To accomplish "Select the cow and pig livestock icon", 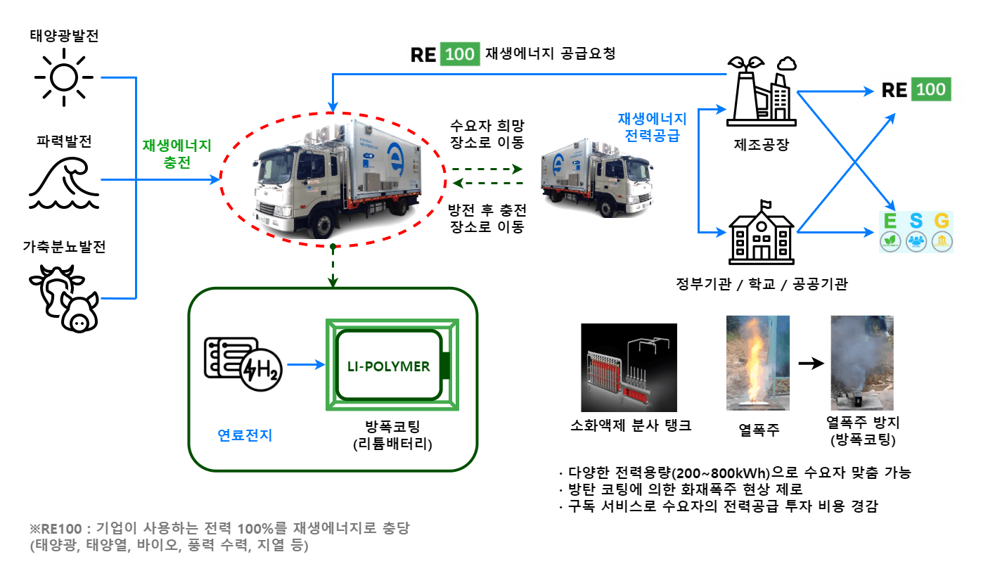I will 65,295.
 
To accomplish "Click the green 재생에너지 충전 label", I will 177,153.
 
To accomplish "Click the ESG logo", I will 916,231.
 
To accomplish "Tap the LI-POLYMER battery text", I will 389,366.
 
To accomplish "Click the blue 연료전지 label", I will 245,435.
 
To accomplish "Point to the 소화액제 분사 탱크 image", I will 630,367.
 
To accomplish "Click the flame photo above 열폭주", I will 758,363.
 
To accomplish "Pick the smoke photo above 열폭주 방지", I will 862,363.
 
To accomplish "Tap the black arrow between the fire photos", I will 811,364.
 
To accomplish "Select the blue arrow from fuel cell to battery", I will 306,364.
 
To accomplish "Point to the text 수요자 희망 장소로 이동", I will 487,134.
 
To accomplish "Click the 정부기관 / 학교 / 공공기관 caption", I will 761,285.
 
